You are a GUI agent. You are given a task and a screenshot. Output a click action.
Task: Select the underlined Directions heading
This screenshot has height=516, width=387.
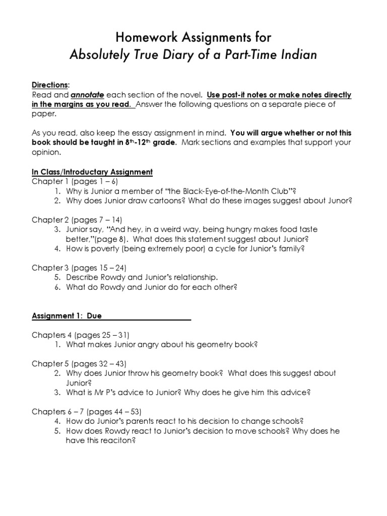coord(50,86)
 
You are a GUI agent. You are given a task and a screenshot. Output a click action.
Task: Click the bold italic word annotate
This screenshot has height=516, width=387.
coord(87,95)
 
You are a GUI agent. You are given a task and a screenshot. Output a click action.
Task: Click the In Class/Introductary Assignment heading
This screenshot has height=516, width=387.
coord(92,172)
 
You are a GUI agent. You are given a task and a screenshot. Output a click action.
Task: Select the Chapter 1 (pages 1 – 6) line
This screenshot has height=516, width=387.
coord(75,181)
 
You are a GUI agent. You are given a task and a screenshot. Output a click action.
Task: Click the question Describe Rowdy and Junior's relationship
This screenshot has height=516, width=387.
coord(142,277)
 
